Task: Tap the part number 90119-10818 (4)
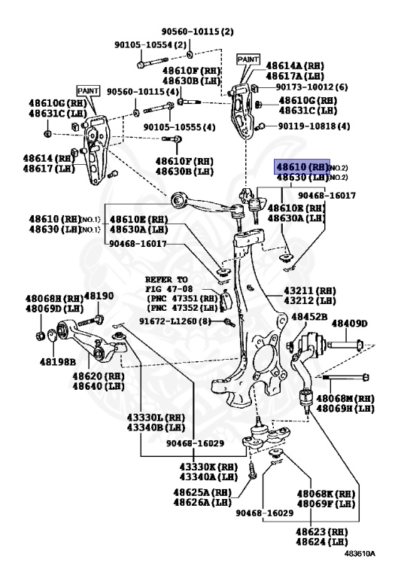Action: [314, 126]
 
